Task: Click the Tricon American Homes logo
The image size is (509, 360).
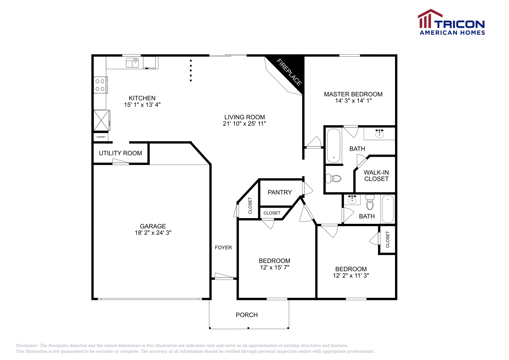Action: pos(451,22)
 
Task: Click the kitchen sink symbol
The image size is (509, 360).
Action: pos(132,63)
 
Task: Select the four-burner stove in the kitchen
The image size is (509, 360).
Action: pos(100,85)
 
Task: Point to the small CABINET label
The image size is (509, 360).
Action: pos(101,137)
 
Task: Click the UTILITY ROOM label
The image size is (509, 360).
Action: pos(120,153)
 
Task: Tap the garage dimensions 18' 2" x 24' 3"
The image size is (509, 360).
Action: pos(153,233)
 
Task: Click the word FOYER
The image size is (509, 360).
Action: pos(223,247)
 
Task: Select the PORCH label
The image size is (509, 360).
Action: pos(247,315)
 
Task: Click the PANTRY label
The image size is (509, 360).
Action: pos(280,192)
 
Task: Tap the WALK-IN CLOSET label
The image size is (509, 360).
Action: pos(376,176)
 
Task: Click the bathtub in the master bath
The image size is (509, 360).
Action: pos(334,145)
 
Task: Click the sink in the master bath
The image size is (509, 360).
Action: pos(379,133)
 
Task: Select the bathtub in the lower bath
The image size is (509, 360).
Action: pos(387,209)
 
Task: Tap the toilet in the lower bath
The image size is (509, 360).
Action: pos(370,203)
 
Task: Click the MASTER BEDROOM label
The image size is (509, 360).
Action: pos(353,94)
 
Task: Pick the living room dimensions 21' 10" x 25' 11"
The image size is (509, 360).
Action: pos(244,124)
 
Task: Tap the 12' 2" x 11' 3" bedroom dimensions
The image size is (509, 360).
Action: pos(351,276)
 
